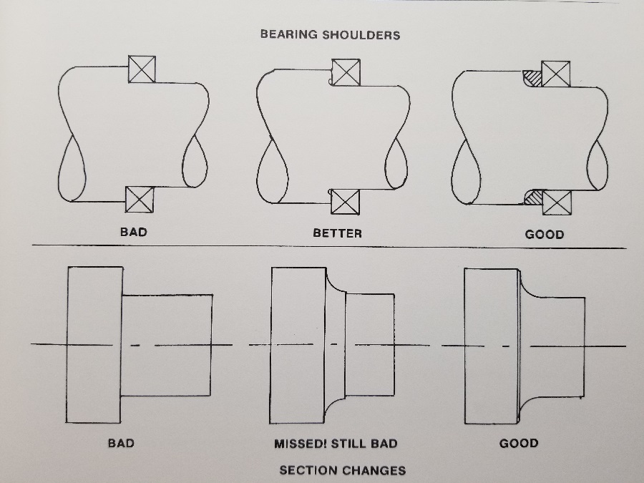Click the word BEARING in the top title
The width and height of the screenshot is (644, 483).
click(289, 34)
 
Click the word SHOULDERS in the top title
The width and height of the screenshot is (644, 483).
click(361, 35)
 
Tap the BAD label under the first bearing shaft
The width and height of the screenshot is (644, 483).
click(134, 232)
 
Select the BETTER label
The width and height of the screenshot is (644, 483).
click(338, 233)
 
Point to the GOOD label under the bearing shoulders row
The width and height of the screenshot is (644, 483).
click(545, 235)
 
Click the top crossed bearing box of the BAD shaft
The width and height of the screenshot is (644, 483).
click(142, 69)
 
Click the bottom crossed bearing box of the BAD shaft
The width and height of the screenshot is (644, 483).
click(140, 200)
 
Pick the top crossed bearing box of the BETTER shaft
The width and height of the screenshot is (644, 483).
click(346, 72)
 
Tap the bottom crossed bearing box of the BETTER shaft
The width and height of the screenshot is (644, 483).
click(346, 202)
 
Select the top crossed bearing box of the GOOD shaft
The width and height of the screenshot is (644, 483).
click(556, 74)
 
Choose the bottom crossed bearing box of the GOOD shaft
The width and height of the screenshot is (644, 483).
click(557, 203)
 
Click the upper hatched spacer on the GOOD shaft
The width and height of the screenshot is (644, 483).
click(532, 79)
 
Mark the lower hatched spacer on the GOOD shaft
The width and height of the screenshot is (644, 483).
click(534, 197)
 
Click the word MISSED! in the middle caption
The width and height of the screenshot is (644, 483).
click(299, 444)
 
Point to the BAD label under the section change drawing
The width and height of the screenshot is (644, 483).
click(121, 443)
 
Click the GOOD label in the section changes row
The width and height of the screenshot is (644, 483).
click(519, 444)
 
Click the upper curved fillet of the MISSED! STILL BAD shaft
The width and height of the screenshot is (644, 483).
click(334, 285)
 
